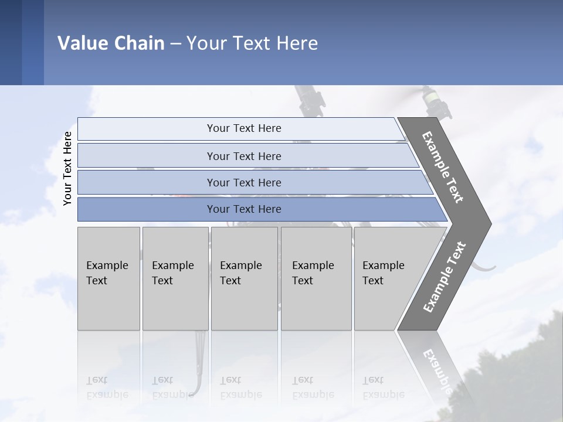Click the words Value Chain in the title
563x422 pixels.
(x=111, y=43)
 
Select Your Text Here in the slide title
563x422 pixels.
(x=252, y=43)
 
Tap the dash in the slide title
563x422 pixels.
(x=175, y=44)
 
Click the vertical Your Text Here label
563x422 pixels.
(x=67, y=168)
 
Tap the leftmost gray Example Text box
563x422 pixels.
(x=108, y=278)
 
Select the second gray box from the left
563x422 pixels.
(x=175, y=278)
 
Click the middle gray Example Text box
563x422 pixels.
(x=244, y=278)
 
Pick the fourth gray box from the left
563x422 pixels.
(x=317, y=278)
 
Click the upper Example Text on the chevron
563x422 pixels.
(x=443, y=167)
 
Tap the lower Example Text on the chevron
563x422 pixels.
(x=445, y=277)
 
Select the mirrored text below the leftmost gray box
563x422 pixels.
(x=107, y=387)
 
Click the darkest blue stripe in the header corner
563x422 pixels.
(x=11, y=42)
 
